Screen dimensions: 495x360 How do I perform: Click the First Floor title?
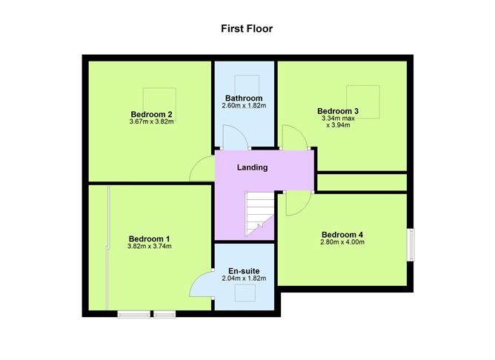(x=247, y=29)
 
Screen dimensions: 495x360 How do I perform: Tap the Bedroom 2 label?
(x=151, y=114)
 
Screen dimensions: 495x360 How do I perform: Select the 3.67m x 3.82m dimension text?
(x=151, y=121)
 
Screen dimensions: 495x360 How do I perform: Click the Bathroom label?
(x=244, y=99)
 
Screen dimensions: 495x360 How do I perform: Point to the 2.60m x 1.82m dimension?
(x=244, y=106)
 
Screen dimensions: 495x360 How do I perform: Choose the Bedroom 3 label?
(x=338, y=111)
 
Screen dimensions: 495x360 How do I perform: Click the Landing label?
(x=252, y=167)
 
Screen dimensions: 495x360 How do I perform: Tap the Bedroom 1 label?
(x=150, y=239)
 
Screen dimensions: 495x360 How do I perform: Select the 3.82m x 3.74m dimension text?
(x=150, y=246)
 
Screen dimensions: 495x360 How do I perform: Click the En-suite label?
(x=244, y=271)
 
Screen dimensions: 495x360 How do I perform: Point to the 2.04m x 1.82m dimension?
(x=244, y=279)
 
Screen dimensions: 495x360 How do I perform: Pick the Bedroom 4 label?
(x=342, y=235)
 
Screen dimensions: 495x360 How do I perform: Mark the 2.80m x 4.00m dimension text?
(x=342, y=242)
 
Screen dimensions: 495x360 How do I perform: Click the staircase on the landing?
(x=259, y=214)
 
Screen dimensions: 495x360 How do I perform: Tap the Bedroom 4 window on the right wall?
(x=411, y=245)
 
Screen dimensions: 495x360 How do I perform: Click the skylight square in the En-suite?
(x=245, y=293)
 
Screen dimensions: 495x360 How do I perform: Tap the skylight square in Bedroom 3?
(x=363, y=102)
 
